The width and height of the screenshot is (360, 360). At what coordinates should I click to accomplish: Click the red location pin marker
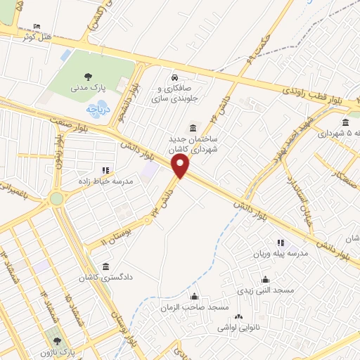pyautogui.click(x=181, y=167)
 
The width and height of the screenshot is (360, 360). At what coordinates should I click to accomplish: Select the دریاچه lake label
pyautogui.click(x=94, y=110)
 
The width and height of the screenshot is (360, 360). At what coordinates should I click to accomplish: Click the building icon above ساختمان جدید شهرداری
pyautogui.click(x=193, y=127)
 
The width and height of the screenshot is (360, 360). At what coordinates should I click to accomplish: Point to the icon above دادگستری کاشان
pyautogui.click(x=105, y=266)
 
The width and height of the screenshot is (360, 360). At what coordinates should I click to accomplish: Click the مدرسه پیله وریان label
pyautogui.click(x=281, y=254)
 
